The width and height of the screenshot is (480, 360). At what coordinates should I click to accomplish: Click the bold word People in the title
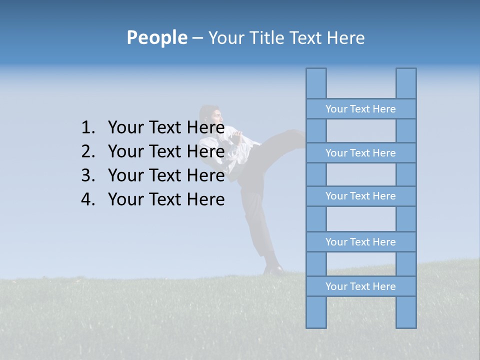(x=156, y=37)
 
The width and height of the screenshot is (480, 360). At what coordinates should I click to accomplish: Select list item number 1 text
(x=166, y=127)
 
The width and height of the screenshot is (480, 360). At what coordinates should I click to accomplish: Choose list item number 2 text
(x=166, y=151)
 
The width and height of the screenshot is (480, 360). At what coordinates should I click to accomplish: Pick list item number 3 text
(x=166, y=175)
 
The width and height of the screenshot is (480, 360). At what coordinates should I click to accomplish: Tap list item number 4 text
(x=166, y=199)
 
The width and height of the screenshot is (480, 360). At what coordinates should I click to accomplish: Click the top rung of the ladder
(x=360, y=109)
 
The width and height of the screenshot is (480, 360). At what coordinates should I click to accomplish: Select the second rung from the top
(x=360, y=153)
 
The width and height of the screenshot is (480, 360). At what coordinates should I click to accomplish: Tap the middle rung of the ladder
(x=360, y=196)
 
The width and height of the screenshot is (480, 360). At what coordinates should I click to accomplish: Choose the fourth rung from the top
(x=360, y=242)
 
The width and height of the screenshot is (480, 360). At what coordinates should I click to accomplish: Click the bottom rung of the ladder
(x=360, y=286)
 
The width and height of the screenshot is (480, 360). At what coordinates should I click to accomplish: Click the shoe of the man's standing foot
(x=273, y=270)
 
